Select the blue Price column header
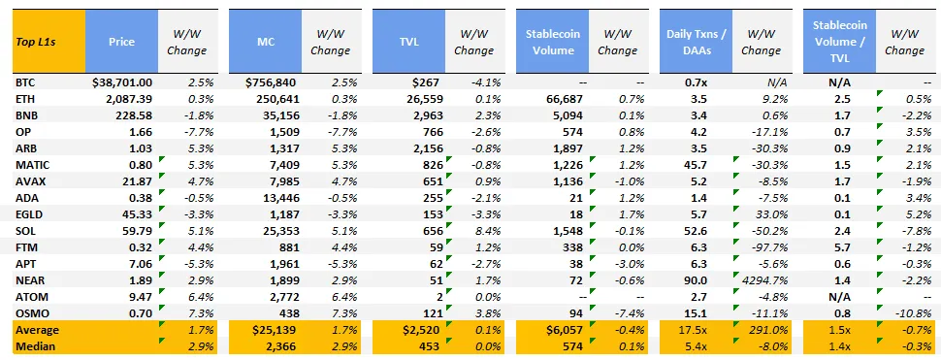121,42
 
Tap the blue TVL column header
408,42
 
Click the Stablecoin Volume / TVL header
839,42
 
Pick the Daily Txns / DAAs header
697,42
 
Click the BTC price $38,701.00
122,82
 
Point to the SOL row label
25,229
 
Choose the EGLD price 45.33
136,213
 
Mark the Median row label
34,345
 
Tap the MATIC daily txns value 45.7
696,164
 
